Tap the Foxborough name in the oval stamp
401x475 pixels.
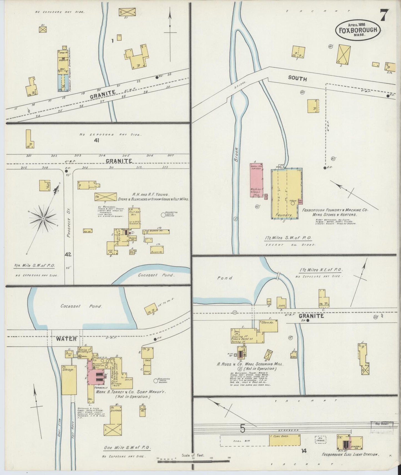pos(358,30)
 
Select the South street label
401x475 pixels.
pos(297,78)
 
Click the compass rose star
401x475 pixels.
pos(43,219)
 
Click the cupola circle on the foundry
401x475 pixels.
pos(292,203)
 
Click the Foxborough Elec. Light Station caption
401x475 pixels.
pos(350,455)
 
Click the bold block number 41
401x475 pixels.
pos(97,140)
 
